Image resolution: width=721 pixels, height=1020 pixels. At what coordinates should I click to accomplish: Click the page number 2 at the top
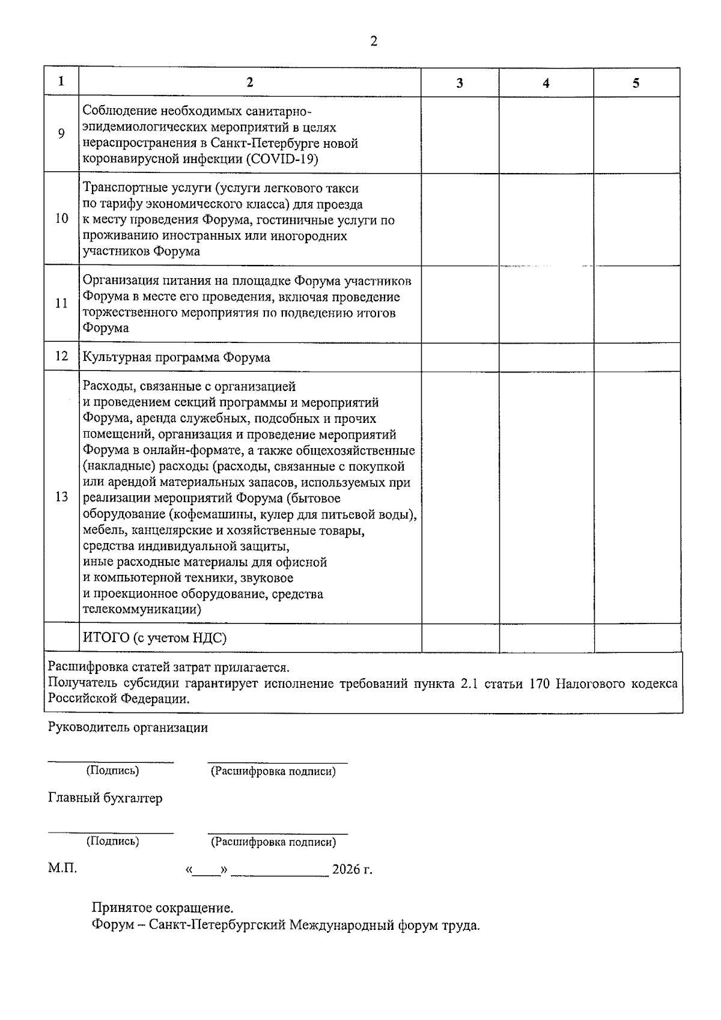[x=374, y=41]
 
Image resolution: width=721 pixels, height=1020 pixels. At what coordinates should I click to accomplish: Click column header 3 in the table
[x=460, y=83]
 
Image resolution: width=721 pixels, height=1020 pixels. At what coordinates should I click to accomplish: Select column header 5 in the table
[x=636, y=83]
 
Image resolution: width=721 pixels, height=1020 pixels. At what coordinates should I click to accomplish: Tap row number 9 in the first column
[x=61, y=133]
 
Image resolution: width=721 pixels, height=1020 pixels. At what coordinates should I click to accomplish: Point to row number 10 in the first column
[x=61, y=219]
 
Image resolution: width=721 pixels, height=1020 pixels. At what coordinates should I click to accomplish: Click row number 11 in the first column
[x=61, y=303]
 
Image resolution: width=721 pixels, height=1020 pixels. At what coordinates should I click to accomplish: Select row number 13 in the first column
[x=61, y=497]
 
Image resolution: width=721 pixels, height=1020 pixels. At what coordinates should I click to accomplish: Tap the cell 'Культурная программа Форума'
[x=177, y=357]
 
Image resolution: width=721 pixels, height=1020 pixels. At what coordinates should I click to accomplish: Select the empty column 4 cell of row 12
[x=546, y=357]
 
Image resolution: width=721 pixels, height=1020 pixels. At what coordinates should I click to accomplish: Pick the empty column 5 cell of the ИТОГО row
[x=637, y=637]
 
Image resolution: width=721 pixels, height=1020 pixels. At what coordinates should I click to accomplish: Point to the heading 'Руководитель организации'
[x=128, y=727]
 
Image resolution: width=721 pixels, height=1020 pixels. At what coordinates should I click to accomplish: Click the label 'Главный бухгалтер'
[x=105, y=798]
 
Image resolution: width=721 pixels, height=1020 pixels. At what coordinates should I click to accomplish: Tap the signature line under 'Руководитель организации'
[x=111, y=762]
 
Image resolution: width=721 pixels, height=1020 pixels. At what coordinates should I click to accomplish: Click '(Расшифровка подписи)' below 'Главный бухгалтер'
[x=273, y=842]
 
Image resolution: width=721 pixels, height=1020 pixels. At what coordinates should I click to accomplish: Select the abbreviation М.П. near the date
[x=62, y=869]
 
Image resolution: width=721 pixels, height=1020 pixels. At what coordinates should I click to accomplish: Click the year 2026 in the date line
[x=346, y=870]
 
